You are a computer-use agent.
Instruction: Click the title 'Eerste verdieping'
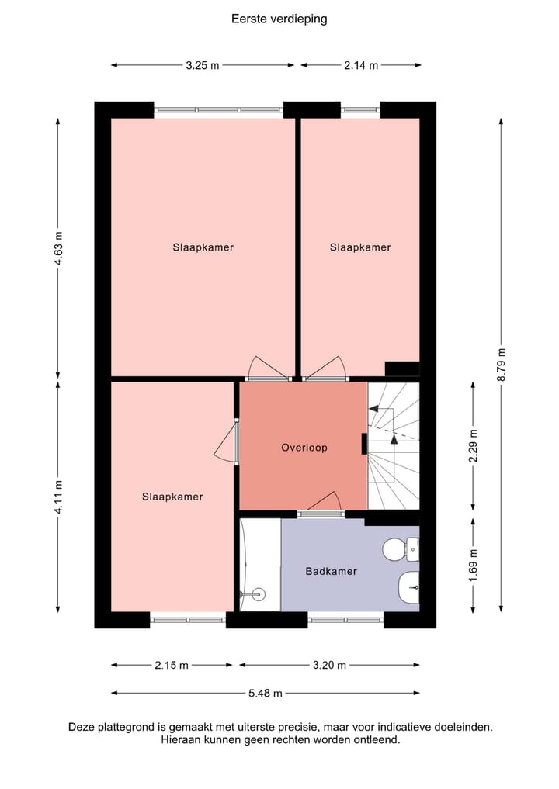tap(279, 19)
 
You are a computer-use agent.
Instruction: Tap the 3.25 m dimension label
tap(203, 65)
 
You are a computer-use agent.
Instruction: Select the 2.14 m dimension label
tap(361, 65)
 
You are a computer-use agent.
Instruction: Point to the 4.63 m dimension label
tap(58, 248)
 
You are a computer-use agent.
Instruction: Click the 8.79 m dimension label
tap(502, 365)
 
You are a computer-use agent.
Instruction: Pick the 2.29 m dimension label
tap(474, 446)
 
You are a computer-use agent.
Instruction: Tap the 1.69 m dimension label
tap(474, 565)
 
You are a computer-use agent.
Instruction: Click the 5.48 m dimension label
tap(266, 694)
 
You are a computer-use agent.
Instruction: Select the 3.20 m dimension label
tap(329, 665)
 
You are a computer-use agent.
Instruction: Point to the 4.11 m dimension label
tap(58, 497)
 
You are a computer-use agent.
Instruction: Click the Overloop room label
tap(304, 448)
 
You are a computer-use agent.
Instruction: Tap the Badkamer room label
tap(331, 571)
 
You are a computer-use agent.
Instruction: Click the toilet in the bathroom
tap(401, 549)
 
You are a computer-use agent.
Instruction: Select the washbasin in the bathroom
tap(409, 587)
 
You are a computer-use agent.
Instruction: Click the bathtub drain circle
tap(259, 594)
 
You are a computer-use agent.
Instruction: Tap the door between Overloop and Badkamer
tap(324, 504)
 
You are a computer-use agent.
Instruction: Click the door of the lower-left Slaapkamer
tap(227, 441)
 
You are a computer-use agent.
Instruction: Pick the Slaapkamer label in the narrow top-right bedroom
tap(360, 247)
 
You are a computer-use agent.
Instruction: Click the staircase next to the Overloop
tap(394, 446)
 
